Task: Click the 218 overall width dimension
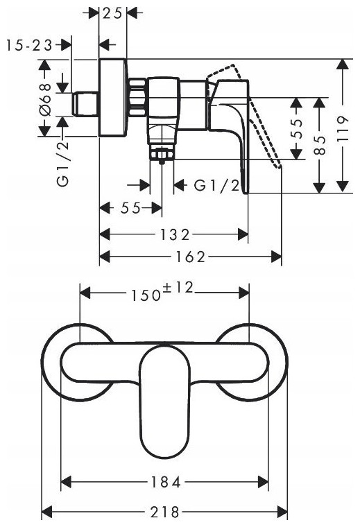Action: tap(164, 513)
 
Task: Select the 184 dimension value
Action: tap(165, 483)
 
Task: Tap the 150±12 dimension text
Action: tap(162, 292)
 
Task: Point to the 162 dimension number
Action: tap(190, 257)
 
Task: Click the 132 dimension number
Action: tap(175, 234)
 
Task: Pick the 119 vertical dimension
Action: tap(343, 130)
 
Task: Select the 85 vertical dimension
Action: tap(320, 145)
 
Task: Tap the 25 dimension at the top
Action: tap(112, 13)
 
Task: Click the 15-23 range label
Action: tap(30, 45)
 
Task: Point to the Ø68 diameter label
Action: tap(44, 100)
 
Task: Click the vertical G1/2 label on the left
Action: tap(63, 163)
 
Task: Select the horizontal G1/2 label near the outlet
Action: tap(217, 185)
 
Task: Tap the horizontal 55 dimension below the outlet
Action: tap(130, 208)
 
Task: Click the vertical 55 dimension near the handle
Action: tap(296, 129)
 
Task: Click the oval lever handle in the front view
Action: tap(164, 401)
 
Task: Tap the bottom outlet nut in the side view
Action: tap(162, 155)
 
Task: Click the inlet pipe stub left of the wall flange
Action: tap(85, 103)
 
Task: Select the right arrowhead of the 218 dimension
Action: tap(282, 513)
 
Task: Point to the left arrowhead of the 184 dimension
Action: tap(66, 483)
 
